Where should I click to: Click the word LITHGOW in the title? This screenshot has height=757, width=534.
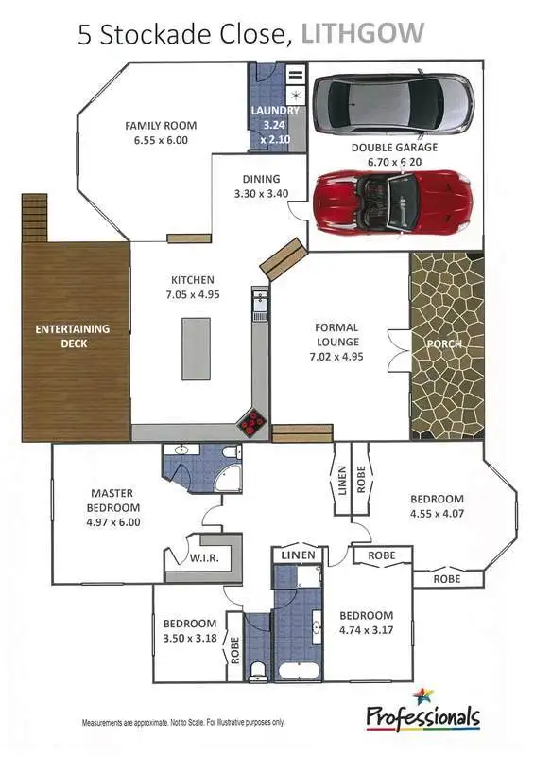[362, 35]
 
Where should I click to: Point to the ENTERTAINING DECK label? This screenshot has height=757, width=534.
[73, 336]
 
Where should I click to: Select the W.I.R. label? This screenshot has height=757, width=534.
[204, 558]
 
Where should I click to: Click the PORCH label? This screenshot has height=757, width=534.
[442, 343]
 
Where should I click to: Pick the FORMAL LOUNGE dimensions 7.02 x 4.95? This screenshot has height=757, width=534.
[337, 357]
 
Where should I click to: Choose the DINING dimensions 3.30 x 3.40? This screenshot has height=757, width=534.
[261, 193]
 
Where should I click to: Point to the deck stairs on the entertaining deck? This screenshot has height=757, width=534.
[34, 218]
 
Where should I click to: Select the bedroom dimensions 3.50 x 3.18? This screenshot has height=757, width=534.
[190, 639]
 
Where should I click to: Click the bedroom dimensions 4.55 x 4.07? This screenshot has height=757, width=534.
[436, 515]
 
